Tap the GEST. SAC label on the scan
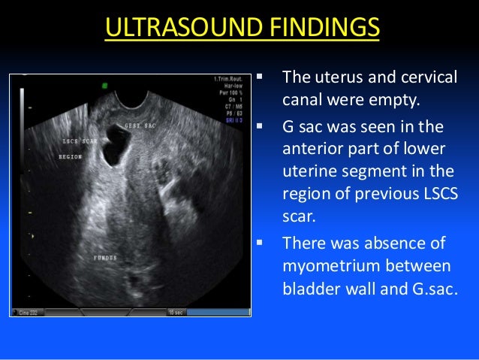(x=141, y=126)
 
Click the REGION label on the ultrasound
(x=72, y=157)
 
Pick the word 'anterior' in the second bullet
(x=310, y=148)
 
